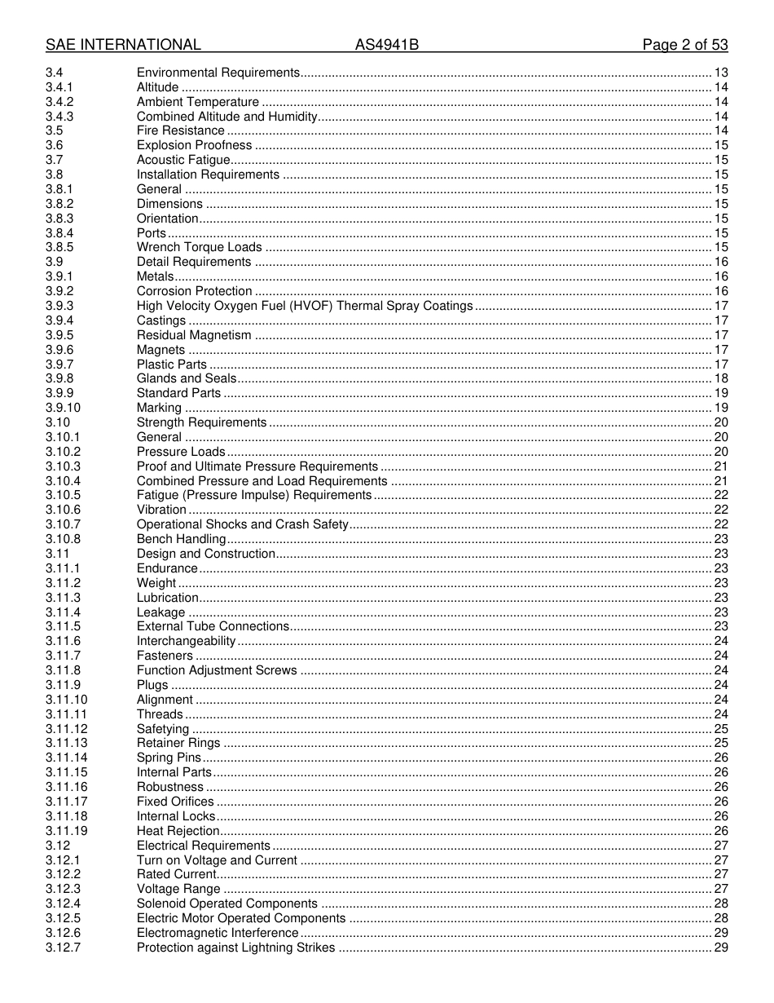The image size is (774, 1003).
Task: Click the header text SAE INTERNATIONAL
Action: [x=123, y=45]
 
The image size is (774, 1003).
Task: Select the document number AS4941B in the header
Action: [x=386, y=45]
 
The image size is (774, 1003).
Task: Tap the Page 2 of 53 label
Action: [x=684, y=45]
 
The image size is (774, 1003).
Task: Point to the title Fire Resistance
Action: [x=180, y=130]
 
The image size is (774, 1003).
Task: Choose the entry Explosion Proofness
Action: [x=194, y=145]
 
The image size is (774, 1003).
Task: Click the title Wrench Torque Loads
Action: [x=199, y=247]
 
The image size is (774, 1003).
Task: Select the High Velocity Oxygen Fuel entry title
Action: [x=304, y=306]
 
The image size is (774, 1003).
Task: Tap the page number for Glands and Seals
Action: [x=720, y=378]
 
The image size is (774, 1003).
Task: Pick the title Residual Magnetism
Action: [x=194, y=335]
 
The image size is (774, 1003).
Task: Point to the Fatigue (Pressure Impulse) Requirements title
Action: [x=253, y=495]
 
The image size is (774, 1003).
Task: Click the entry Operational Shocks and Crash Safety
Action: [x=242, y=524]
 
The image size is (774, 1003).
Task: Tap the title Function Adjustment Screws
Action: [x=217, y=670]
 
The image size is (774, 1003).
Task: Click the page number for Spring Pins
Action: [x=720, y=758]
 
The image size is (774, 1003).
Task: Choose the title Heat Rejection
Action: [x=178, y=831]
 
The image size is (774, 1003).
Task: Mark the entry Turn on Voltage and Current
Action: [x=217, y=860]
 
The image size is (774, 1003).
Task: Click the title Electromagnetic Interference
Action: [x=218, y=933]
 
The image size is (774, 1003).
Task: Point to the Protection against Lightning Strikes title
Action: [x=235, y=948]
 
